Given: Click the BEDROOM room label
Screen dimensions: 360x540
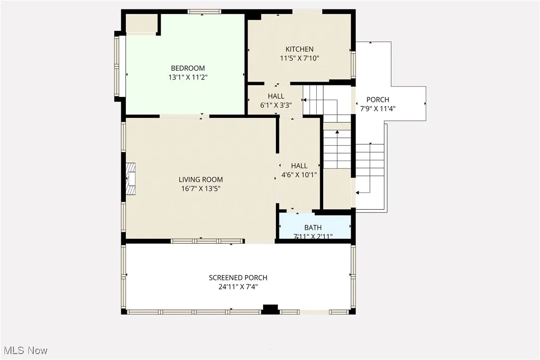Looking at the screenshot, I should coord(187,68).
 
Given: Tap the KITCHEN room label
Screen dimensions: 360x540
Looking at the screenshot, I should coord(299,49).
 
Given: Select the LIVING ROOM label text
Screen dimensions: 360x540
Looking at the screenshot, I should coord(201,180).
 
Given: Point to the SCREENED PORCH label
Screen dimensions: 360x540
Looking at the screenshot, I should coord(238,277).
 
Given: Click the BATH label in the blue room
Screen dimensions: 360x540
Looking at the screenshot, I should coord(313,228).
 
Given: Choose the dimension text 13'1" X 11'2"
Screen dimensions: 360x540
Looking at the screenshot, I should coord(187,77).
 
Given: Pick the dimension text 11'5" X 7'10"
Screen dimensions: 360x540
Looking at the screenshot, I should coord(299,58).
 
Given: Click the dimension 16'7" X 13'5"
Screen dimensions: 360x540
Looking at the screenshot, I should coord(201,188).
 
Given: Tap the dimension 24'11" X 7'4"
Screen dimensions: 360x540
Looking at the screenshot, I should coord(238,286).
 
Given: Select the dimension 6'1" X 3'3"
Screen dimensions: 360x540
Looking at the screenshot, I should coord(276,105).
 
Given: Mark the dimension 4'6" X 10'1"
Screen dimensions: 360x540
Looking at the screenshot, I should coord(299,175).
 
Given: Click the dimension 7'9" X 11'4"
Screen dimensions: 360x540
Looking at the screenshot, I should coord(378,108).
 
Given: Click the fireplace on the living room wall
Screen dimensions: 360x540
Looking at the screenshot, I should coord(130,179).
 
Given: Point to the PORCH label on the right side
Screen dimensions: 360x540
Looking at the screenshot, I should coord(378,99).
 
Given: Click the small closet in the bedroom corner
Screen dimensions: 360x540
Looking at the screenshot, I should coord(141,23).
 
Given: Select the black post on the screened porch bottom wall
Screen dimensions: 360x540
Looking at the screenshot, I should coord(270,309).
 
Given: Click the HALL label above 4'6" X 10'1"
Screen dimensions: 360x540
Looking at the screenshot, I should coord(299,166).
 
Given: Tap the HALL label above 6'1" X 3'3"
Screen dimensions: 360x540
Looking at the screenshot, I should coord(276,96).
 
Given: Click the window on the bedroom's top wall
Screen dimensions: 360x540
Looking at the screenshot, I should coord(204,11).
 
